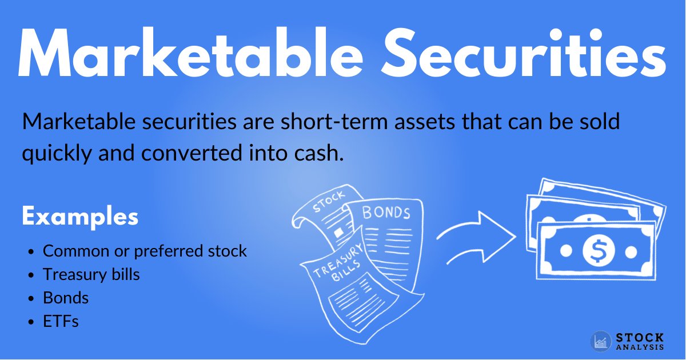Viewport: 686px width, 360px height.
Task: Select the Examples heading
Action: (80, 218)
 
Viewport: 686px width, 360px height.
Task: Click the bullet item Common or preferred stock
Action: (145, 251)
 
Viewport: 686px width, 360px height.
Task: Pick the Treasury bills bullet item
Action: (91, 274)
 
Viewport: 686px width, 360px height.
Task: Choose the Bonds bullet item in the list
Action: (66, 298)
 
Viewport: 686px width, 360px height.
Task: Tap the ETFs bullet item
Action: (61, 321)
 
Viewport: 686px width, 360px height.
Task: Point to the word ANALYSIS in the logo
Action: (640, 347)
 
